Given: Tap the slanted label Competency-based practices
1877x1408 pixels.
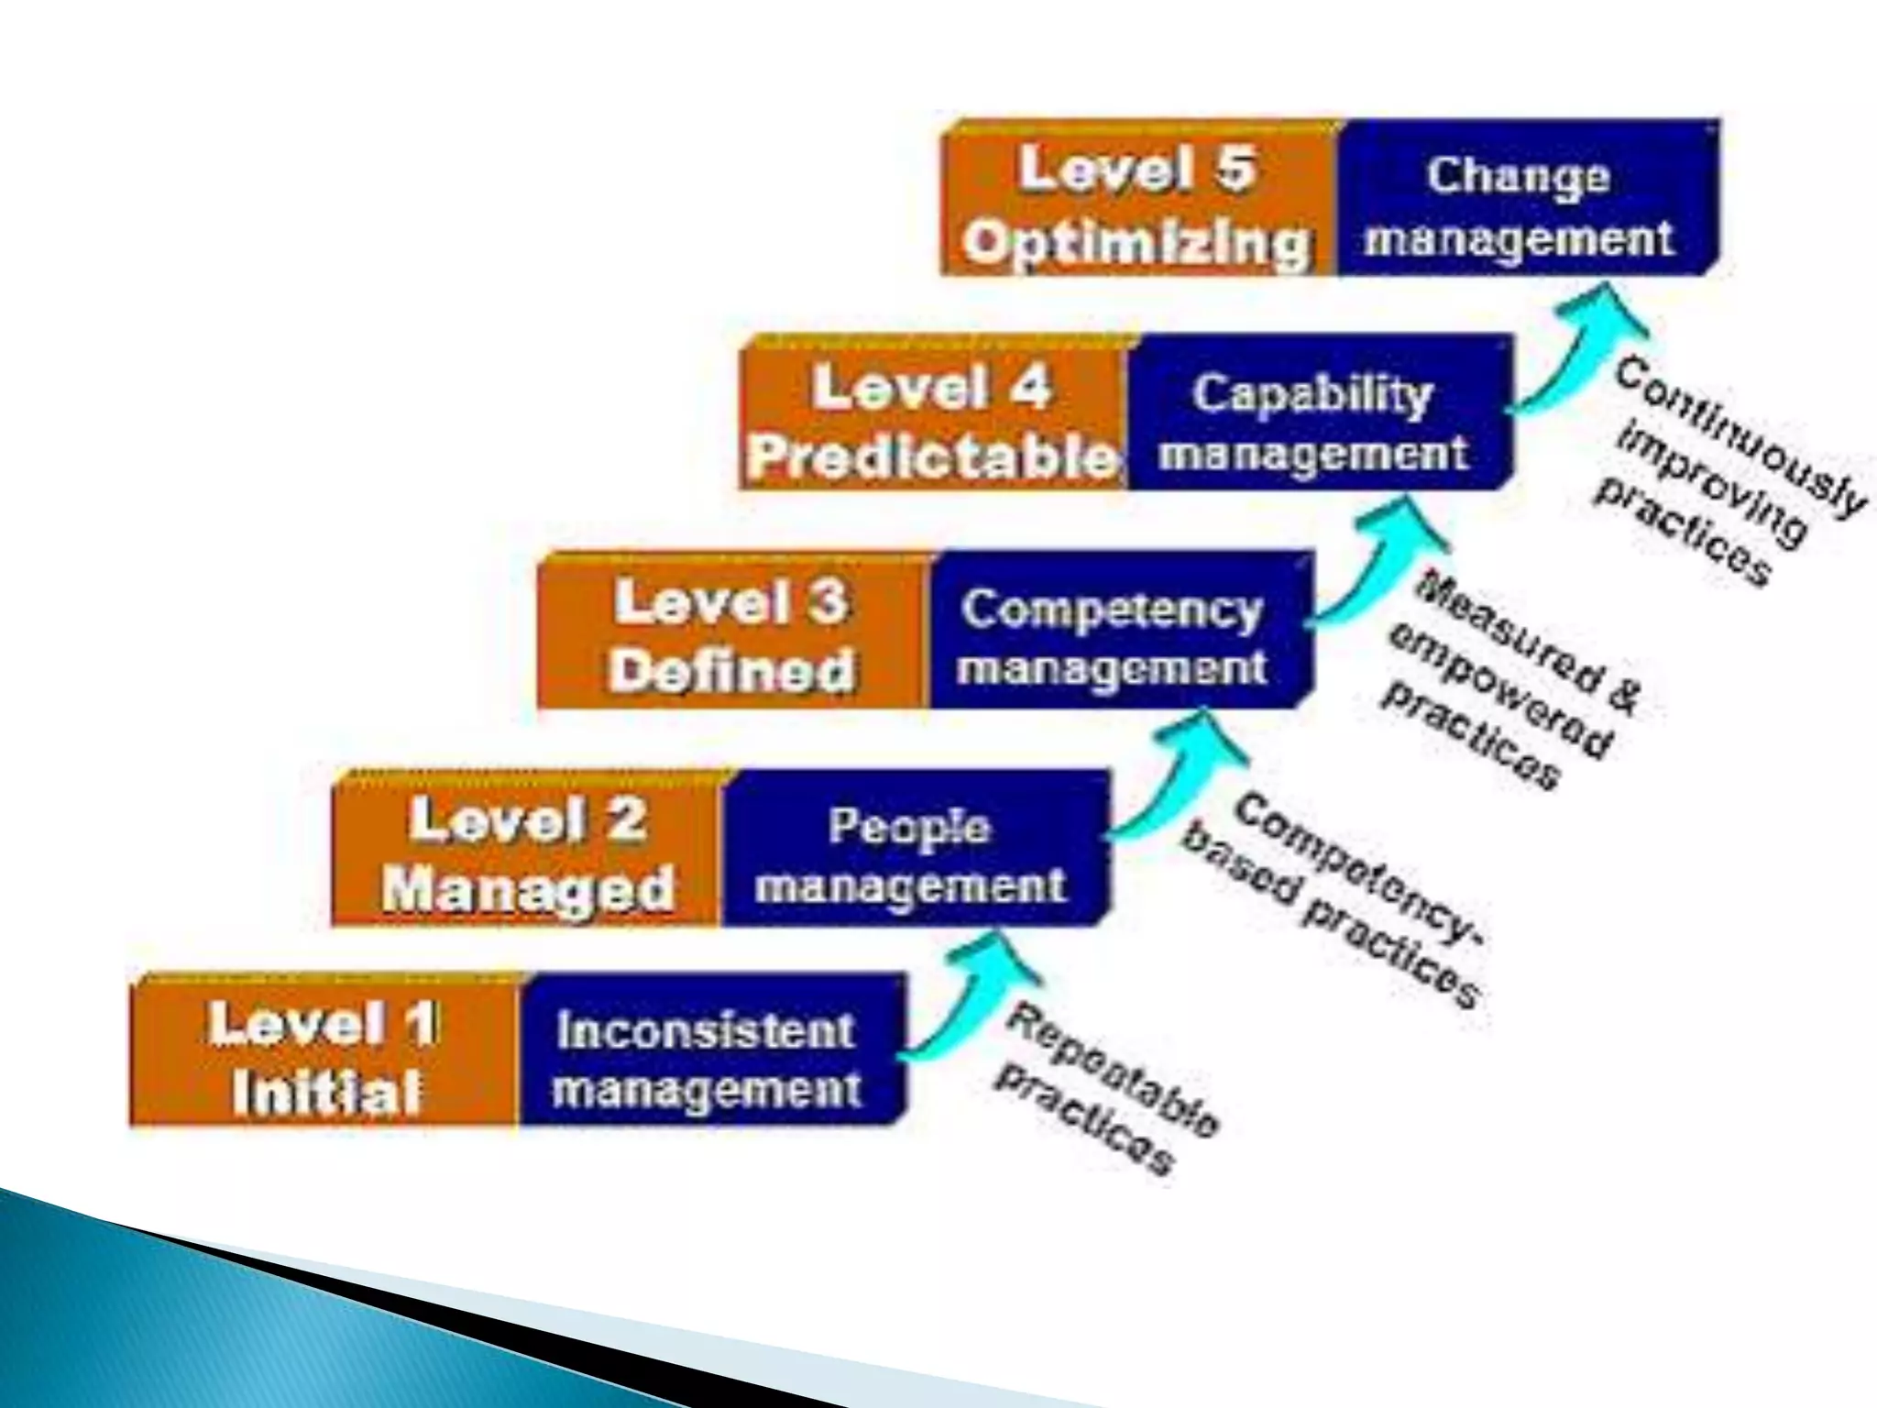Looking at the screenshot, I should pyautogui.click(x=1334, y=903).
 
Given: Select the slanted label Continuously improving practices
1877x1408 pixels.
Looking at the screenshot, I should pyautogui.click(x=1723, y=472).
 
